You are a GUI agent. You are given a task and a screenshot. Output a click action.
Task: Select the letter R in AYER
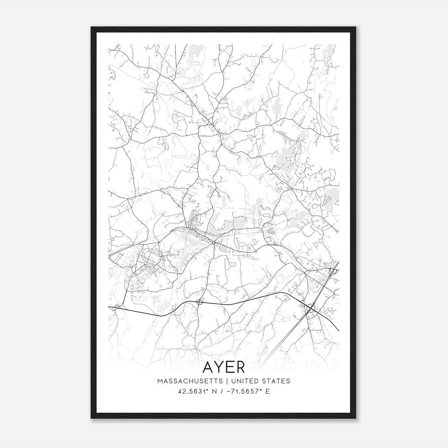tap(240, 367)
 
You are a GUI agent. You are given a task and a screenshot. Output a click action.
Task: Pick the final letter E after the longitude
tap(268, 391)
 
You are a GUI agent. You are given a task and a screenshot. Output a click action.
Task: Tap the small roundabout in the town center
tap(213, 242)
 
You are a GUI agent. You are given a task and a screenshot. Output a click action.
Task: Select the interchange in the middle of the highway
tap(200, 302)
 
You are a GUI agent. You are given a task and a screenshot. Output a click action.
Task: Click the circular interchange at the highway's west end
tap(117, 307)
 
